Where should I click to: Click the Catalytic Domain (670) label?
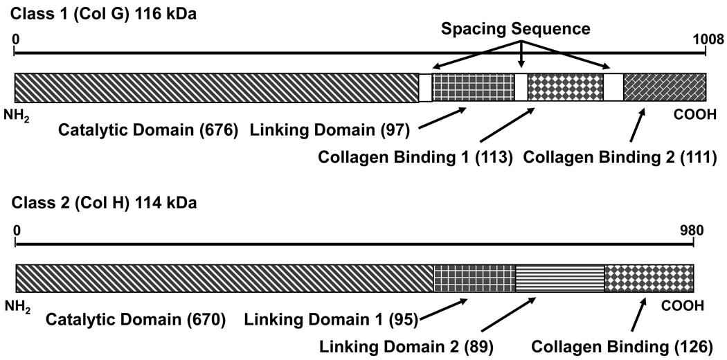pyautogui.click(x=135, y=320)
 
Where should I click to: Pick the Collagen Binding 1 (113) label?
pyautogui.click(x=414, y=157)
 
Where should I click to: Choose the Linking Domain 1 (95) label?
pyautogui.click(x=331, y=320)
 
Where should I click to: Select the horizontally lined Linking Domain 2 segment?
pyautogui.click(x=559, y=278)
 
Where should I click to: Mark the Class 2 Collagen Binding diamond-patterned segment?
pyautogui.click(x=649, y=278)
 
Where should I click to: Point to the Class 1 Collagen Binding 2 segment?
pyautogui.click(x=664, y=87)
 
